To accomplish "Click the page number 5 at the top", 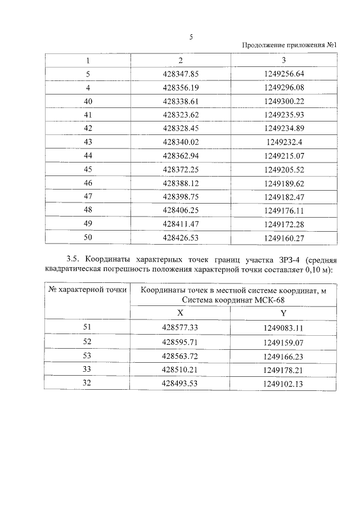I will pyautogui.click(x=191, y=37).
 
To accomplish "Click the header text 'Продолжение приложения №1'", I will pyautogui.click(x=289, y=46).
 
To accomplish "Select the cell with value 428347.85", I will pyautogui.click(x=181, y=74).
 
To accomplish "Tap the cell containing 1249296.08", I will pyautogui.click(x=283, y=88).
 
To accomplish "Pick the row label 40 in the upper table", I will pyautogui.click(x=88, y=101).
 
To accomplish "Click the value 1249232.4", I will pyautogui.click(x=283, y=142).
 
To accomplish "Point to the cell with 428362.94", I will pyautogui.click(x=181, y=155).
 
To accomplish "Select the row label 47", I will pyautogui.click(x=88, y=196).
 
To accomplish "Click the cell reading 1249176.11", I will pyautogui.click(x=283, y=210).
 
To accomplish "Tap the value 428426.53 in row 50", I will pyautogui.click(x=181, y=237).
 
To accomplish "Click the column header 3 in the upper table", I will pyautogui.click(x=283, y=60).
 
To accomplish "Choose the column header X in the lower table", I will pyautogui.click(x=180, y=313).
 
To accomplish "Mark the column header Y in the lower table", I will pyautogui.click(x=283, y=313).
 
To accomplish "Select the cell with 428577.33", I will pyautogui.click(x=181, y=327).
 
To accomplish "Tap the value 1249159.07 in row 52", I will pyautogui.click(x=283, y=341).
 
